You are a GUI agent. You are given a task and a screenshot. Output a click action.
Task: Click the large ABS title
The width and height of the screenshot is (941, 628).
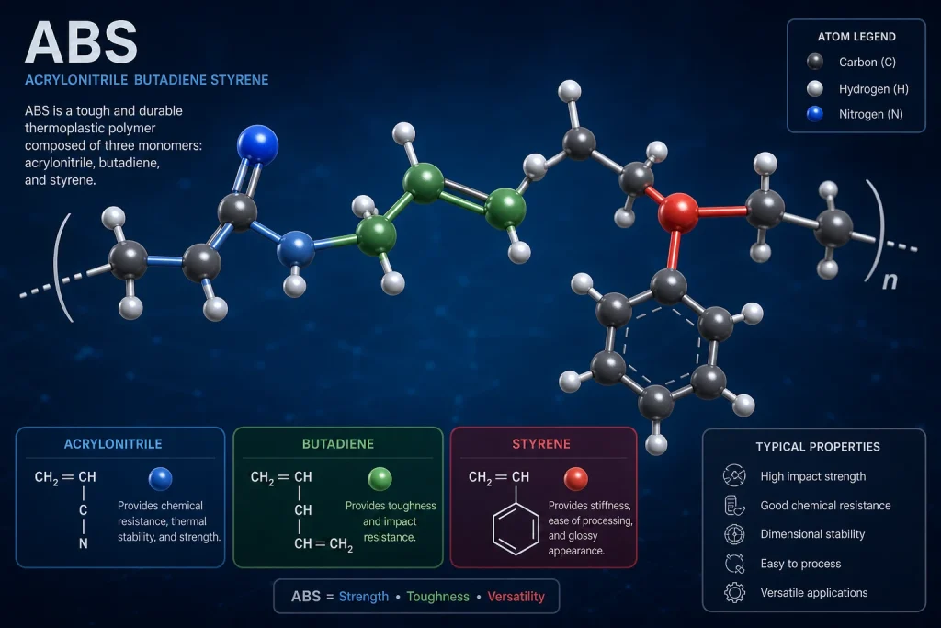[x=81, y=42]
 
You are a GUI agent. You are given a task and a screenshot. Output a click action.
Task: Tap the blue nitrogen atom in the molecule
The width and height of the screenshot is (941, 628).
[x=257, y=144]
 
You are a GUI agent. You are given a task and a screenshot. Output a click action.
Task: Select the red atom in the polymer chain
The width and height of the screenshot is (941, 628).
[x=678, y=211]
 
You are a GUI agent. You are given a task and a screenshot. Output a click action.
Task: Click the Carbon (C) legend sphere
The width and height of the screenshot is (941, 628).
[x=815, y=62]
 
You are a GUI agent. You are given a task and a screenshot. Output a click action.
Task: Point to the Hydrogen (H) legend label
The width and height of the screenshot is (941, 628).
[x=874, y=89]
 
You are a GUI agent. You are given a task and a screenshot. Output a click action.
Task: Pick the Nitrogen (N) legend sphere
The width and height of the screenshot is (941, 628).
[x=815, y=114]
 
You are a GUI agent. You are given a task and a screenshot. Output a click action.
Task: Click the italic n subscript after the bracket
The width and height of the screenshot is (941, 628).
[x=890, y=280]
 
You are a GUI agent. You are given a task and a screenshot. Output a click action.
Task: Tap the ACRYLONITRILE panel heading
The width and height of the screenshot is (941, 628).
[x=113, y=444]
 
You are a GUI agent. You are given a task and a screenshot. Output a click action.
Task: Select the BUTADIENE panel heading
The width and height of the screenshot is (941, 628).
[x=338, y=444]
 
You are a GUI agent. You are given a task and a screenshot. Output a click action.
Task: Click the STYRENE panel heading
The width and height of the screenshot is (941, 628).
[x=541, y=444]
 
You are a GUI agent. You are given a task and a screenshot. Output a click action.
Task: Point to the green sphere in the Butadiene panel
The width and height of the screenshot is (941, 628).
[x=380, y=479]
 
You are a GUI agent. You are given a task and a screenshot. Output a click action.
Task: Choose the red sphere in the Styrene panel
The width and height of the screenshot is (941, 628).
[x=576, y=479]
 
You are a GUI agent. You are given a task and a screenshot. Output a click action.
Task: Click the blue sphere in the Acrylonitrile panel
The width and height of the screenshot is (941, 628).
[x=160, y=479]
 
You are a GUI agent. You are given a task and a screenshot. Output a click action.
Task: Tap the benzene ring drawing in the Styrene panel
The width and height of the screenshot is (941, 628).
[x=516, y=529]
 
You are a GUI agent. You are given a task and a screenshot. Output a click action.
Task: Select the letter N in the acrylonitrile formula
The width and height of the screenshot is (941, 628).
[x=84, y=544]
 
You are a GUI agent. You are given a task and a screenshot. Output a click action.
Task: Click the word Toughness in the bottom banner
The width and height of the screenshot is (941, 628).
[x=438, y=597]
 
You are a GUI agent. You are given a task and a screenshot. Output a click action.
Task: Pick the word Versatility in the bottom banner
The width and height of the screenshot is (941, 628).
[x=516, y=597]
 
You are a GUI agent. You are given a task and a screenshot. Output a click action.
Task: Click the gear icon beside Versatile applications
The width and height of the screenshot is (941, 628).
[x=734, y=592]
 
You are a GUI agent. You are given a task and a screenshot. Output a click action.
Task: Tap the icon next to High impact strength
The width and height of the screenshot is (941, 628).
[x=734, y=475]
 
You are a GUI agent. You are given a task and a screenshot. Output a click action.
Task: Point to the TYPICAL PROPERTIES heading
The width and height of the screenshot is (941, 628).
[x=818, y=447]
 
